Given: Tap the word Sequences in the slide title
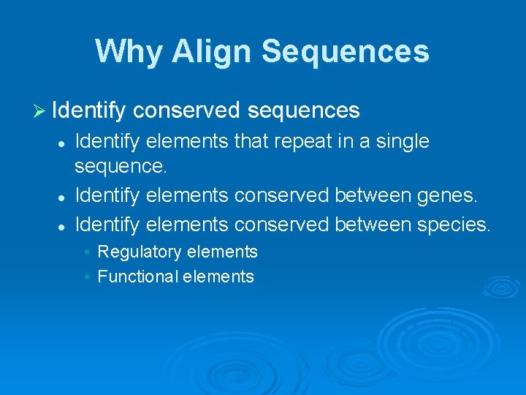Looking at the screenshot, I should click(346, 51).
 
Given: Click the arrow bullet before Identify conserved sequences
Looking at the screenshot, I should click(41, 110).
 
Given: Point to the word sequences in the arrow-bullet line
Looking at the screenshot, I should click(303, 110).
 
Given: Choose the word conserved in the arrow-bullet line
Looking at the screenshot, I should click(187, 110).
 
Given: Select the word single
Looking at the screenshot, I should click(402, 140).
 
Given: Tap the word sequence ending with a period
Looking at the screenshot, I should click(121, 166).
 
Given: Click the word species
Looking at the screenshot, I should click(454, 224).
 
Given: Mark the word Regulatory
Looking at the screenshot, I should click(140, 252).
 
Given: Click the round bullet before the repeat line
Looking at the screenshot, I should click(64, 143).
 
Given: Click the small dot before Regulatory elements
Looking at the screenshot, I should click(87, 252).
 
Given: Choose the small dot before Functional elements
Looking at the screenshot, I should click(87, 277).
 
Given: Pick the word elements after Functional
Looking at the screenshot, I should click(218, 276).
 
